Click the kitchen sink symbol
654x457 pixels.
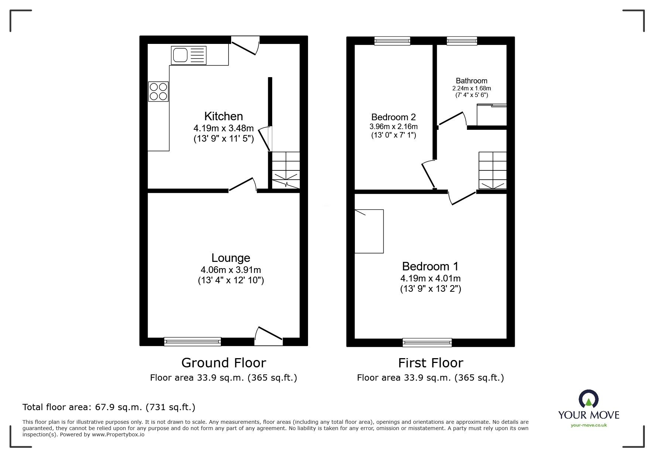[188, 55]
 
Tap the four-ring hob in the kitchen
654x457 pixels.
[158, 91]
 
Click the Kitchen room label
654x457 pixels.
[223, 116]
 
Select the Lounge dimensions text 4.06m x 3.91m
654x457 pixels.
[231, 270]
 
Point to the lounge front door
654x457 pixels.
[269, 336]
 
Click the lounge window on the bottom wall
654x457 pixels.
[192, 342]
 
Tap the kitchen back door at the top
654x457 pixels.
[245, 45]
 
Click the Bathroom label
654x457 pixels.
[471, 81]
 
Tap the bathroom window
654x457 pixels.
[462, 41]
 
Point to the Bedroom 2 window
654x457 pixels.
[392, 41]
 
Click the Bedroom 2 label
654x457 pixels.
[393, 117]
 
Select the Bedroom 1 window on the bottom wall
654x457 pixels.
[427, 342]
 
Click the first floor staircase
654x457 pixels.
[492, 170]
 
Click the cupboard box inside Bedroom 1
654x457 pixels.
[369, 231]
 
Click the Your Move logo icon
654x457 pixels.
[588, 399]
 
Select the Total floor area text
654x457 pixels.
[109, 407]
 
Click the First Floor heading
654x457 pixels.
[430, 363]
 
